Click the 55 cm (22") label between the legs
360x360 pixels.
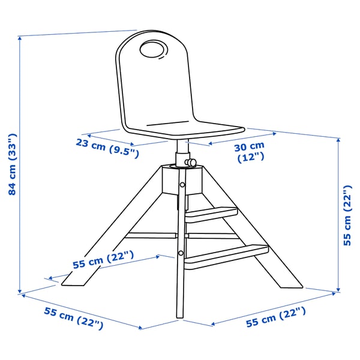coord(103,260)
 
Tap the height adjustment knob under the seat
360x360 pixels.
coord(191,162)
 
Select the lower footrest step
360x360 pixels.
coord(226,253)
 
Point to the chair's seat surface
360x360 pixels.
coord(180,128)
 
